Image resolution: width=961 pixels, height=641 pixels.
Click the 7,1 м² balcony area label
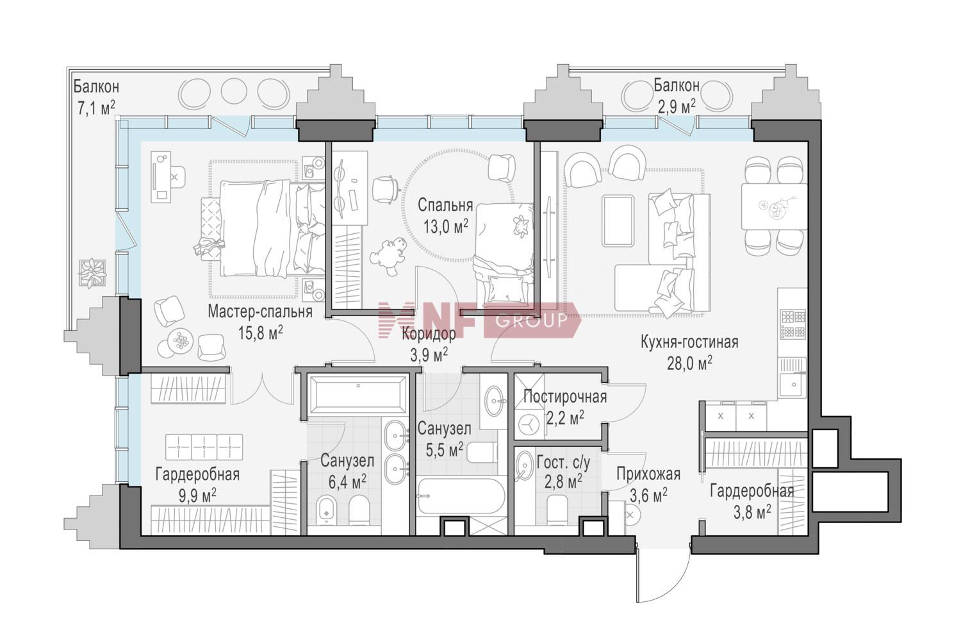(x=95, y=108)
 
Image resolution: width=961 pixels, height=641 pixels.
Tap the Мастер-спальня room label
(x=260, y=312)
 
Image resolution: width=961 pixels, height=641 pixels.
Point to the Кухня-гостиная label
(x=689, y=342)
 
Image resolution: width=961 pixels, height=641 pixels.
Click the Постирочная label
(x=565, y=397)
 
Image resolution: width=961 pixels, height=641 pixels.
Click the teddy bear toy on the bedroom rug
(x=388, y=256)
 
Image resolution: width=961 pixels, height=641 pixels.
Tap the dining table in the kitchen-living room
(x=775, y=206)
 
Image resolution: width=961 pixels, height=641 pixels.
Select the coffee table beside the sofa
(x=618, y=221)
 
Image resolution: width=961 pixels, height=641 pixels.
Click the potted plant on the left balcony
(x=92, y=272)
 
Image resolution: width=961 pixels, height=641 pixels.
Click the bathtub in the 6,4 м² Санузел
(x=357, y=395)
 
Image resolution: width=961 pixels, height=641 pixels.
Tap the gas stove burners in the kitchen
(x=793, y=324)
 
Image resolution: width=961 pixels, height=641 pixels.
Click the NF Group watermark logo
(x=479, y=319)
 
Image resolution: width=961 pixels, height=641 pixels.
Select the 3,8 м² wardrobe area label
(x=752, y=512)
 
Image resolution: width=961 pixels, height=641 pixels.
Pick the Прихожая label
(x=648, y=474)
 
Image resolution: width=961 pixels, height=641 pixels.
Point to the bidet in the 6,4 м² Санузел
(x=327, y=510)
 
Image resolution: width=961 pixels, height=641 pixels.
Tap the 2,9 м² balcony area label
(x=677, y=106)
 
